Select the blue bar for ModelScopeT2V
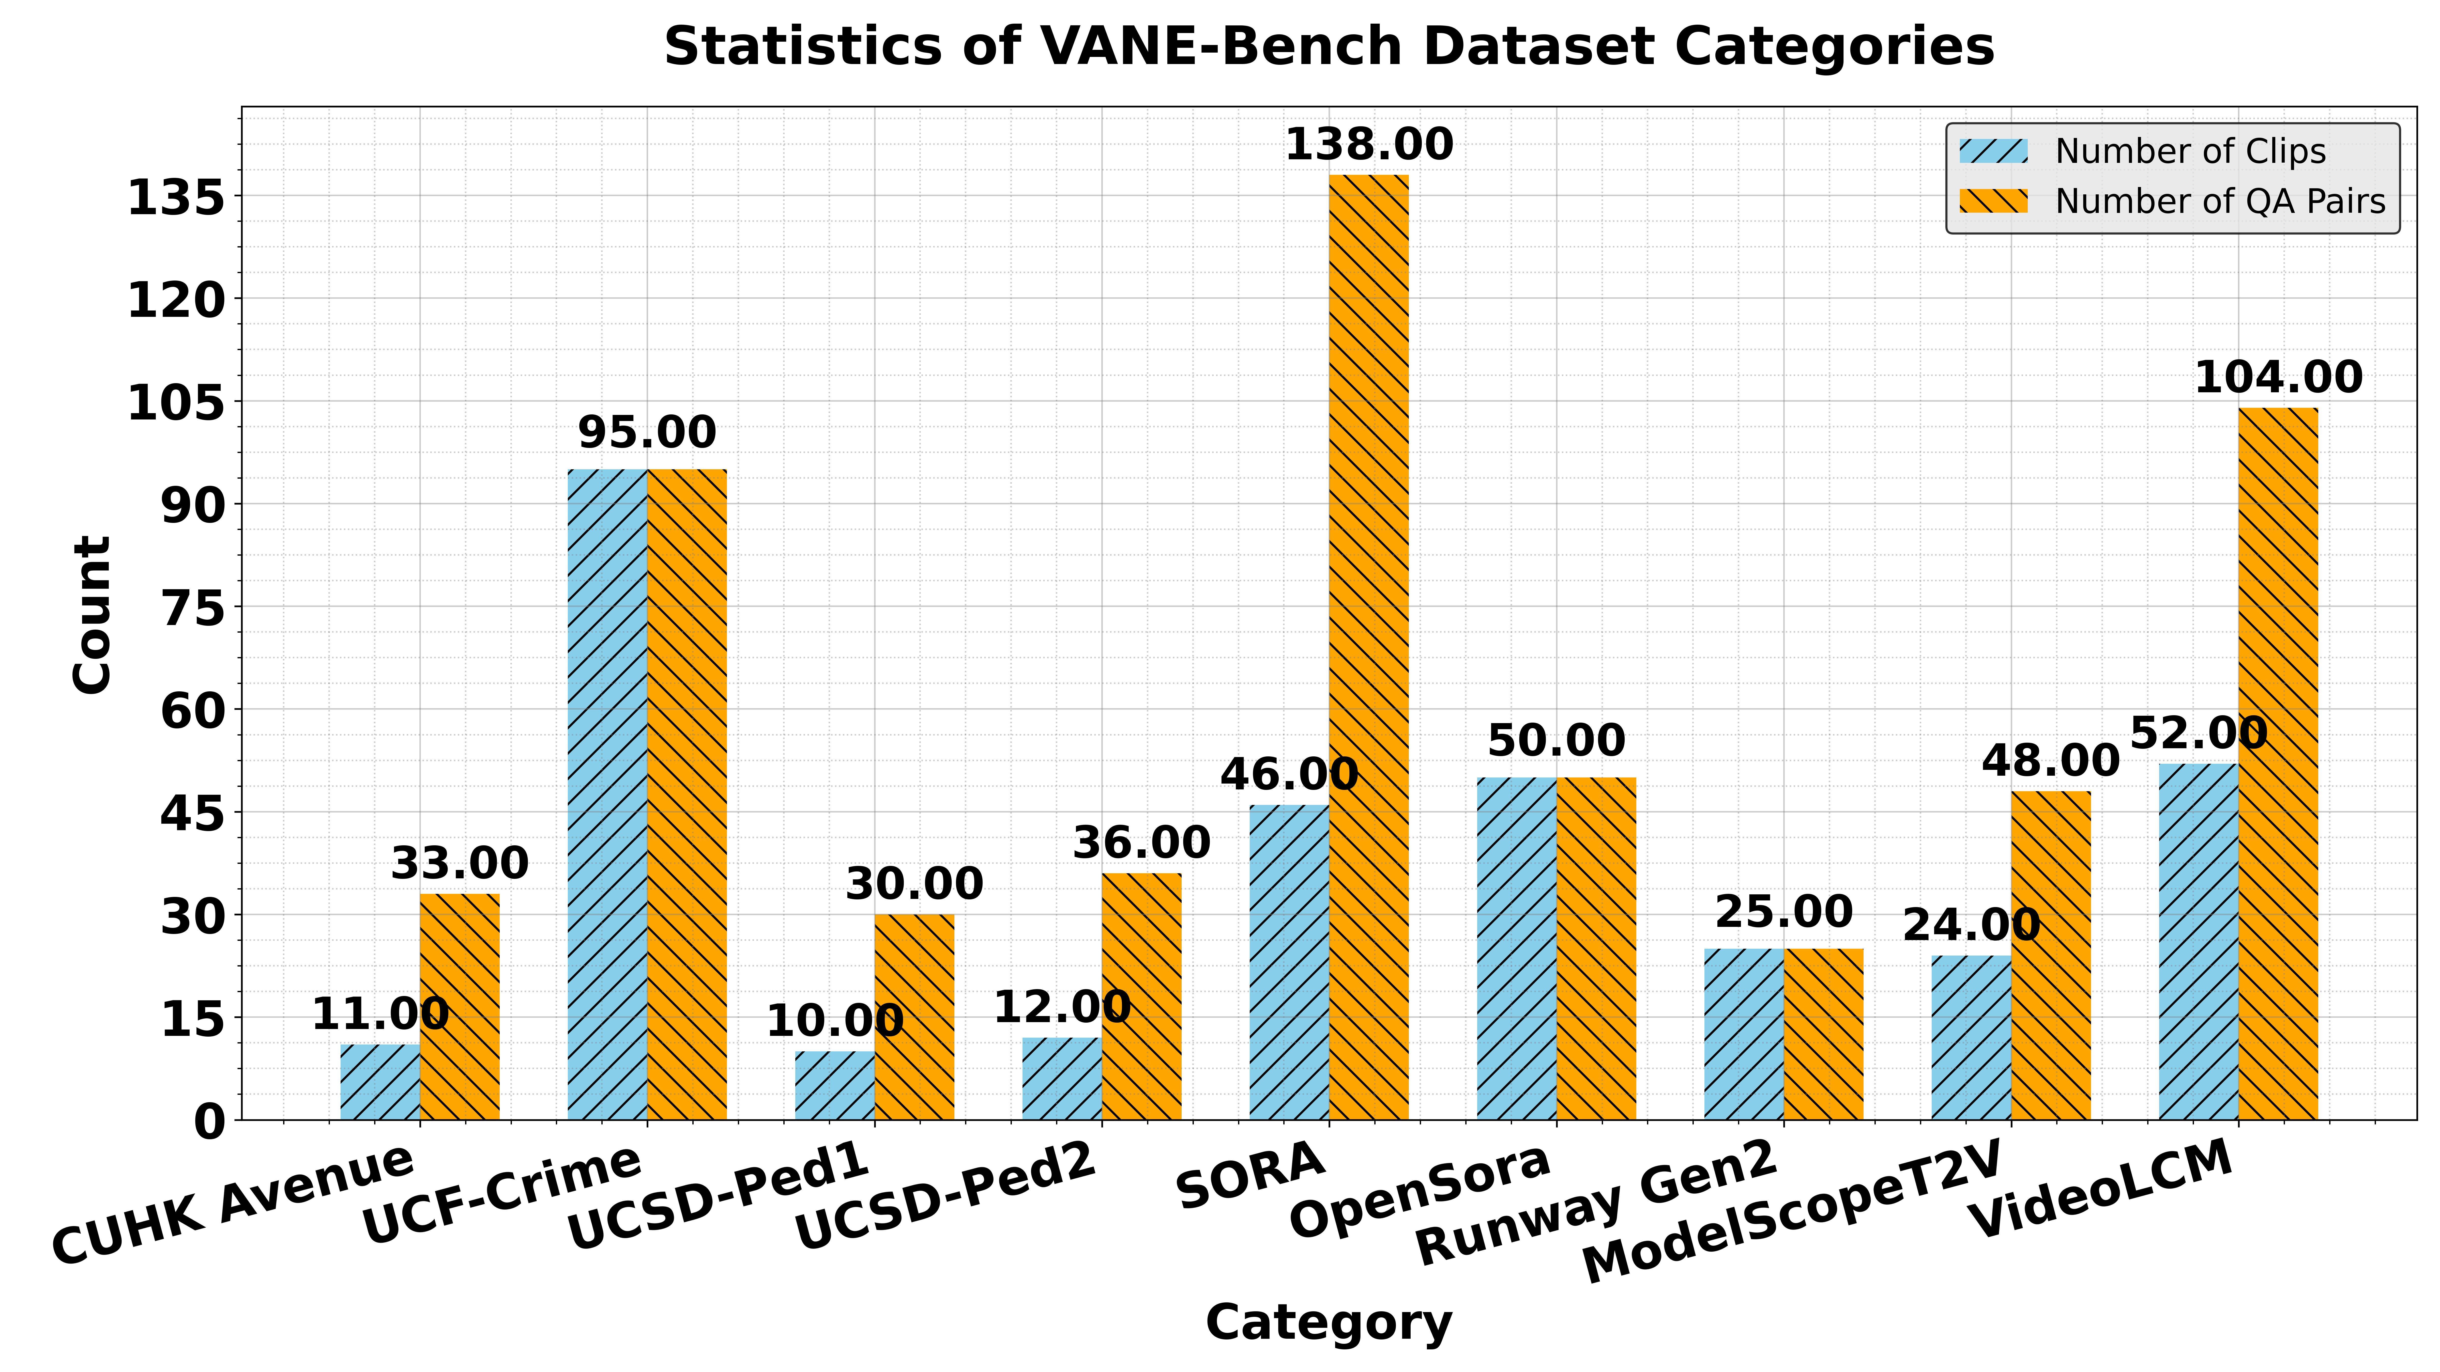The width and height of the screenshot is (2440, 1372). coord(1971,1037)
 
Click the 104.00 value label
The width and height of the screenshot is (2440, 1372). coord(2278,378)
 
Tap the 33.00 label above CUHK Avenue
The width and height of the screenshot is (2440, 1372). coord(459,864)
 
